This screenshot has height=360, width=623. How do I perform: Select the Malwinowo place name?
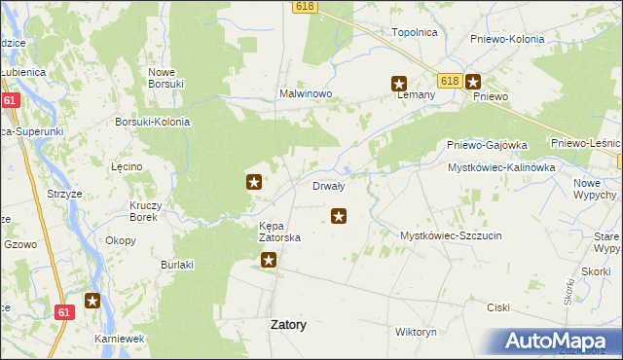[307, 94]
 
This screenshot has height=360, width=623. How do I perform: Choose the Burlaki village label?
[178, 264]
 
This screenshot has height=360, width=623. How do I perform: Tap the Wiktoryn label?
[416, 332]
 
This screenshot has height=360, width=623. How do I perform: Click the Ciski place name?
[498, 306]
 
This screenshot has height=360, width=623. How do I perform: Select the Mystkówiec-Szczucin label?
[450, 234]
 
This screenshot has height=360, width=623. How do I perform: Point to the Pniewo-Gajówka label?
[487, 145]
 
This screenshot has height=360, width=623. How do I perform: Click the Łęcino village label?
[128, 166]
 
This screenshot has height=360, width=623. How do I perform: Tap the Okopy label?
[121, 239]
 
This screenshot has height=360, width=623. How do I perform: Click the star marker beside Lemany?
[399, 84]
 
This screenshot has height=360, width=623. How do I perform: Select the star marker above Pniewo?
[473, 83]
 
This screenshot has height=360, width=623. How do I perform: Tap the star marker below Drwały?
[339, 216]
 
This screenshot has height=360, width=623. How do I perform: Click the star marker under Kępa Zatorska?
[269, 260]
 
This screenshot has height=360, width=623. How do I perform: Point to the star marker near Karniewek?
[92, 302]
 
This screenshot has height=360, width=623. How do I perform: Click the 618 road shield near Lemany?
[448, 82]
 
